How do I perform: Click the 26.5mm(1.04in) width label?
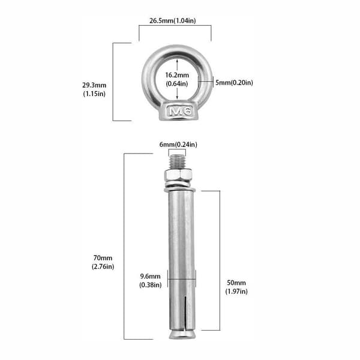(x=173, y=20)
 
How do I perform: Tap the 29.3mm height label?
(x=94, y=85)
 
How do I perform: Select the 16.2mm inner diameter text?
(x=177, y=75)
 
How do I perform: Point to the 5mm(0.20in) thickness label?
(x=234, y=82)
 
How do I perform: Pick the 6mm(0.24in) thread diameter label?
(x=178, y=145)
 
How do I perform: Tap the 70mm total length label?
(x=103, y=258)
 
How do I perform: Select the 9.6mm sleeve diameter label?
(x=151, y=276)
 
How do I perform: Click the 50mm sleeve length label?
(x=236, y=283)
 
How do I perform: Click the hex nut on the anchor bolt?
(x=178, y=175)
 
